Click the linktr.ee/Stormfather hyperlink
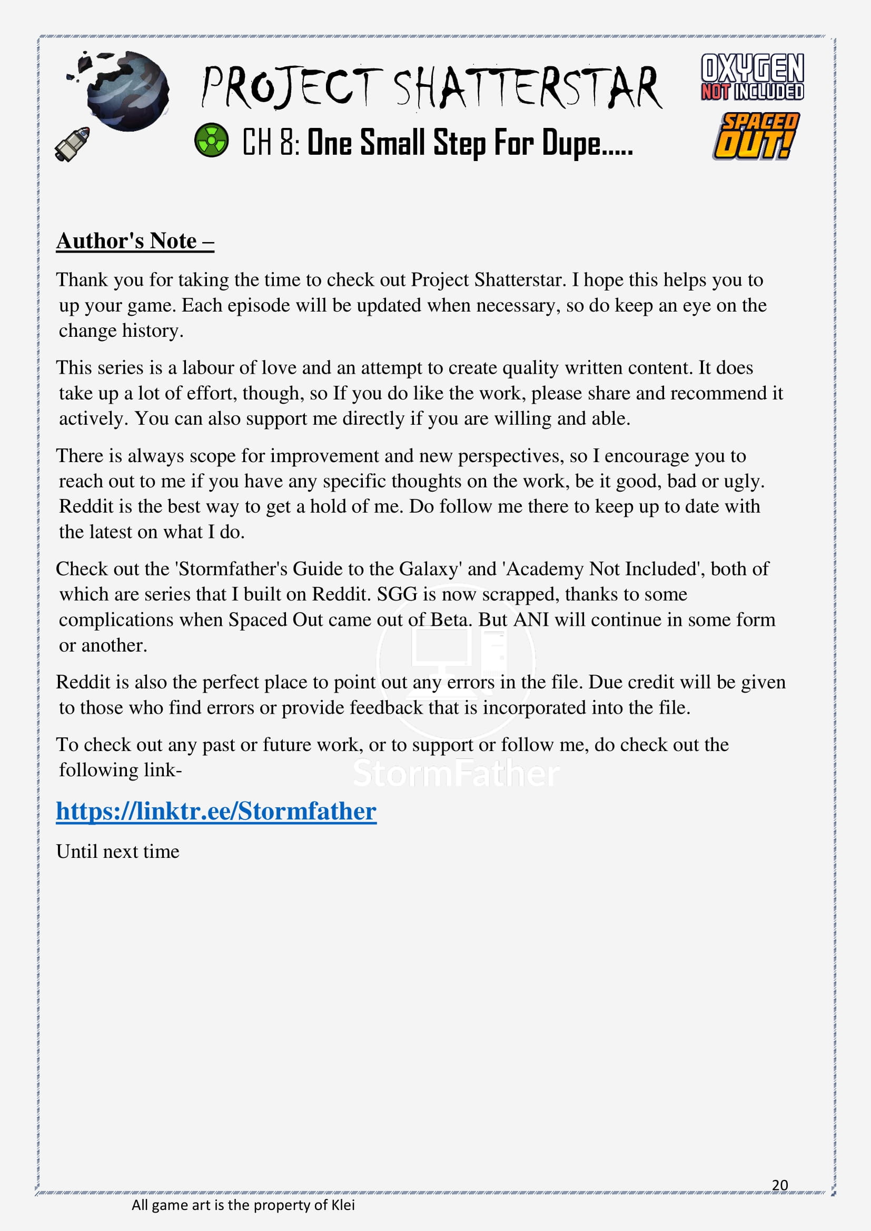(216, 810)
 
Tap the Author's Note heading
(135, 241)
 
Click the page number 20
(780, 1185)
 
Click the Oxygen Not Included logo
(752, 77)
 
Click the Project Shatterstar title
(432, 88)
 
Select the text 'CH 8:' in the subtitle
(271, 142)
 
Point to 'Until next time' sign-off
(117, 852)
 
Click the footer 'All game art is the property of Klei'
(243, 1205)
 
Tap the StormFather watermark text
(456, 774)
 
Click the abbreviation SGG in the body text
(397, 594)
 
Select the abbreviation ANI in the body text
(531, 620)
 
